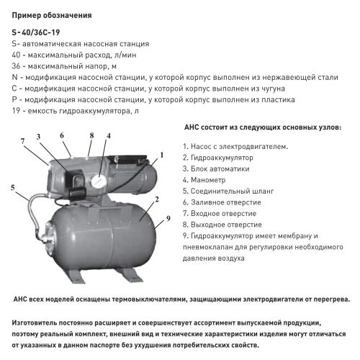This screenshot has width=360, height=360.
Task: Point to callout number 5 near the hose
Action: [x=14, y=188]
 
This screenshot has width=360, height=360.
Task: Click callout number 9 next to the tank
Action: [x=166, y=218]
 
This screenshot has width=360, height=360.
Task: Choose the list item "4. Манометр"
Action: [x=207, y=179]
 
